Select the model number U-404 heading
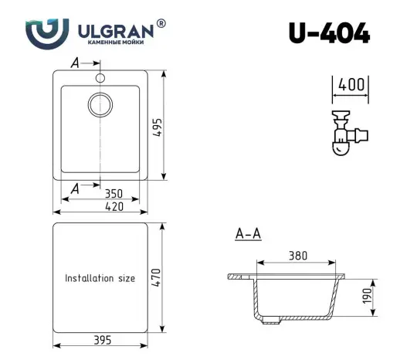[329, 33]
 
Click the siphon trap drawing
[345, 134]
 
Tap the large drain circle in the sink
[100, 104]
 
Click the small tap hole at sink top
[100, 78]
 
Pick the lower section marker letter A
[74, 187]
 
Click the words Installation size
[100, 278]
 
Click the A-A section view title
[246, 234]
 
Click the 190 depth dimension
[368, 296]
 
